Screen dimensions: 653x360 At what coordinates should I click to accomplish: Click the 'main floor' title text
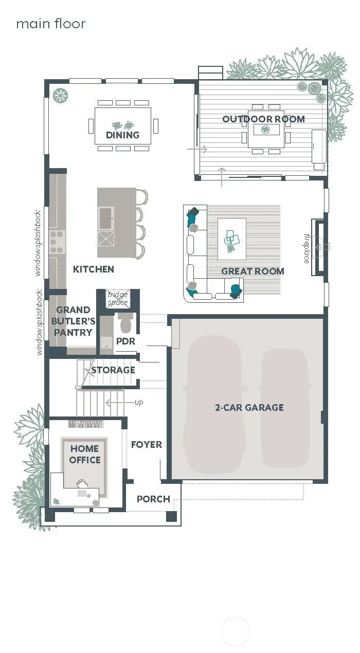click(x=50, y=24)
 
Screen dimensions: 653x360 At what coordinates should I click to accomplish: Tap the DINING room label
click(x=122, y=135)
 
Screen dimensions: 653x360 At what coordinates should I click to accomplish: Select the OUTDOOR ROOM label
click(x=263, y=119)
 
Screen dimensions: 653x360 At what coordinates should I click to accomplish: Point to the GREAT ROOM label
click(x=253, y=271)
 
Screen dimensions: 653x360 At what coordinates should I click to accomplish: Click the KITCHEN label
click(x=93, y=269)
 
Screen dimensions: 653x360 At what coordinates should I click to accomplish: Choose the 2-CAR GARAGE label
click(x=249, y=407)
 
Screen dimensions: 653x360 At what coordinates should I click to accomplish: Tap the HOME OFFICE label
click(x=85, y=455)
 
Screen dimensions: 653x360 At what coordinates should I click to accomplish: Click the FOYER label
click(x=146, y=444)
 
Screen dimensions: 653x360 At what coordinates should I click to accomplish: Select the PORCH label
click(x=153, y=499)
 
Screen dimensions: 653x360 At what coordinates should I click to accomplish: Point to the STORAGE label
click(x=113, y=370)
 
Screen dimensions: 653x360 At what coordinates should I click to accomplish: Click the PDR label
click(x=125, y=341)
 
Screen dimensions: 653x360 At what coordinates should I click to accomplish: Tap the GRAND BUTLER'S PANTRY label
click(x=74, y=321)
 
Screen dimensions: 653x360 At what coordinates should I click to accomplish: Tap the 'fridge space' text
click(x=117, y=299)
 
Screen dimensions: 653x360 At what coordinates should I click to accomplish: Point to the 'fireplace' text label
click(x=307, y=248)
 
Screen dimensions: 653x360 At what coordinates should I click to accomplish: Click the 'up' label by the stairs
click(x=139, y=402)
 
